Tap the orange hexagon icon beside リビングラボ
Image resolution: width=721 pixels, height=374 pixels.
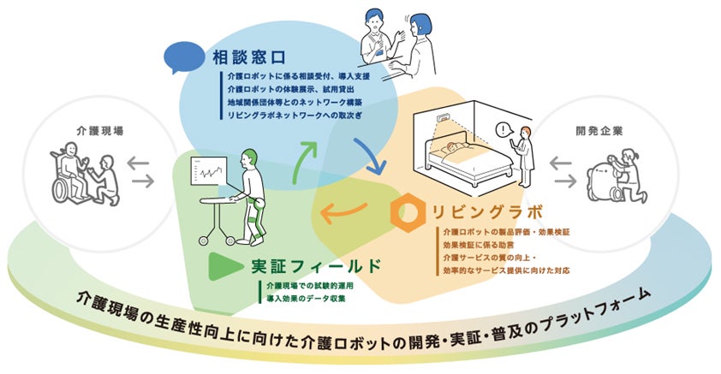tap(405, 209)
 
